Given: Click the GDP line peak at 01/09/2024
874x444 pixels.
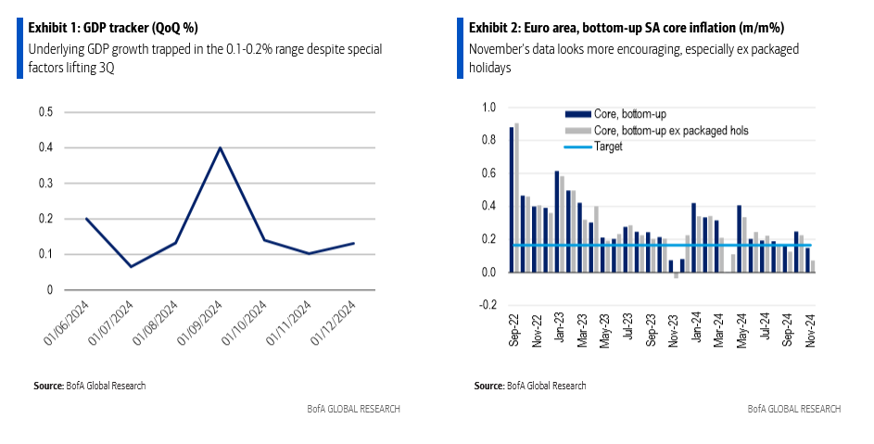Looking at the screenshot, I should pyautogui.click(x=219, y=148).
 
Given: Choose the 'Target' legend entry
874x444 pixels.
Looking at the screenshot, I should pyautogui.click(x=609, y=146).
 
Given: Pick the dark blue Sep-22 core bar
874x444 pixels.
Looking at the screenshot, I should pyautogui.click(x=511, y=199).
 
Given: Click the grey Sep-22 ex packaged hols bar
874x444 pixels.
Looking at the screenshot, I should pyautogui.click(x=516, y=197).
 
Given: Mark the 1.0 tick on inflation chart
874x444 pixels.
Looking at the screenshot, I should pyautogui.click(x=490, y=108).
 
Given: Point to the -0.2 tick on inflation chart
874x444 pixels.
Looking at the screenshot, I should pyautogui.click(x=488, y=305).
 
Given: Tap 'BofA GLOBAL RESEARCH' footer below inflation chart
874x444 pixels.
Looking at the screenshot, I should pyautogui.click(x=794, y=409).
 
